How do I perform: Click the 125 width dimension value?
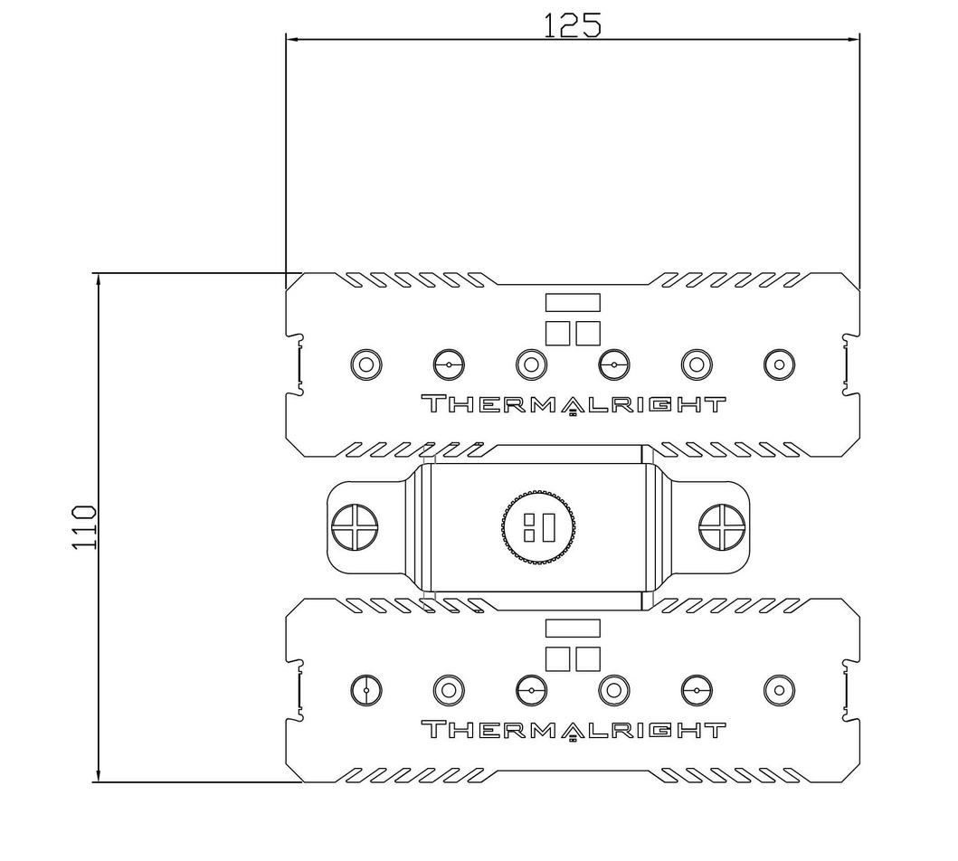coord(573,24)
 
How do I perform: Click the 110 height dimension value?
coord(84,527)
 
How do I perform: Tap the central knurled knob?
coord(538,526)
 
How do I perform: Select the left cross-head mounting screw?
coord(355,527)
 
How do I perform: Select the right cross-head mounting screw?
coord(722,527)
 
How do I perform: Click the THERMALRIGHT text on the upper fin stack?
coord(574,404)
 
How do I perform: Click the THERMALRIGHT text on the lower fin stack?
coord(574,730)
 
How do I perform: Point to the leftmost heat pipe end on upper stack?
coord(366,365)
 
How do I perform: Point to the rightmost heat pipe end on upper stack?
coord(779,365)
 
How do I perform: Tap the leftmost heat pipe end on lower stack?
coord(366,691)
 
